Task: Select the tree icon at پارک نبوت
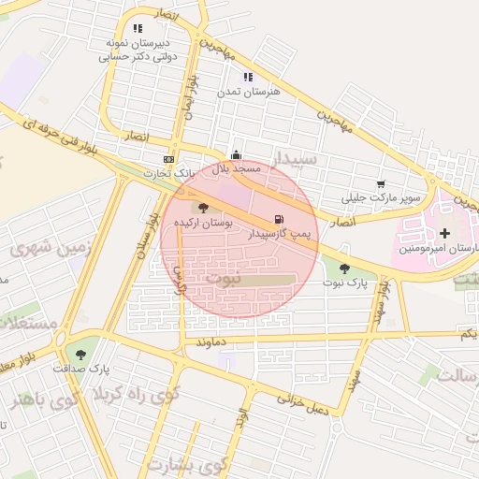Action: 344,269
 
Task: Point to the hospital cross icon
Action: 444,232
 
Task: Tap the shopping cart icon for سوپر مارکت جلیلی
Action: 380,184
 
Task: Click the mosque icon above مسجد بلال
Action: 236,155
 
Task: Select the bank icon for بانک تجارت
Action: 167,159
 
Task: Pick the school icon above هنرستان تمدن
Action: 247,78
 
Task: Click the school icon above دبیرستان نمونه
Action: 138,29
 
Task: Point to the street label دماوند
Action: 210,342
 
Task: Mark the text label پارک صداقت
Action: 80,370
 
